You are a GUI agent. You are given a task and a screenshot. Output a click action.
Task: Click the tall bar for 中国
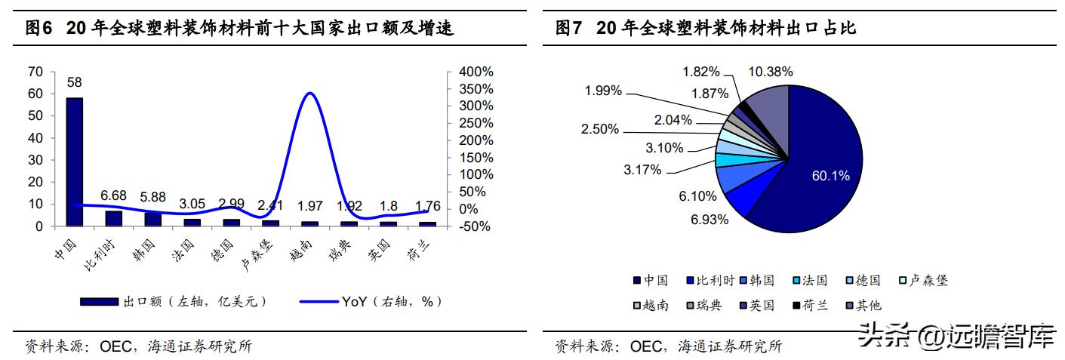(x=74, y=162)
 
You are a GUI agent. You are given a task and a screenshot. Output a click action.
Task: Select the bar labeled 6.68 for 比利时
(x=113, y=218)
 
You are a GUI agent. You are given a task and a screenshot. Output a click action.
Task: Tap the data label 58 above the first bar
(x=74, y=82)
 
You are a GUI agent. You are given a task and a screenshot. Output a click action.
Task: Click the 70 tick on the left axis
(x=35, y=72)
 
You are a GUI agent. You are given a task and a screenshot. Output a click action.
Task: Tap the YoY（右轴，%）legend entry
(x=370, y=301)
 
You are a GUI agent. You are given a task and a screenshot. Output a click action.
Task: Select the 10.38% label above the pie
(x=770, y=72)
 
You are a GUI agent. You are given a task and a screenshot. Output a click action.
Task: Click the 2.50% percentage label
(x=600, y=129)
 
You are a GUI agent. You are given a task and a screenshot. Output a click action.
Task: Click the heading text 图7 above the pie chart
(x=571, y=29)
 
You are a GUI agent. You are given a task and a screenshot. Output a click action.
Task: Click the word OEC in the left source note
(x=114, y=346)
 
